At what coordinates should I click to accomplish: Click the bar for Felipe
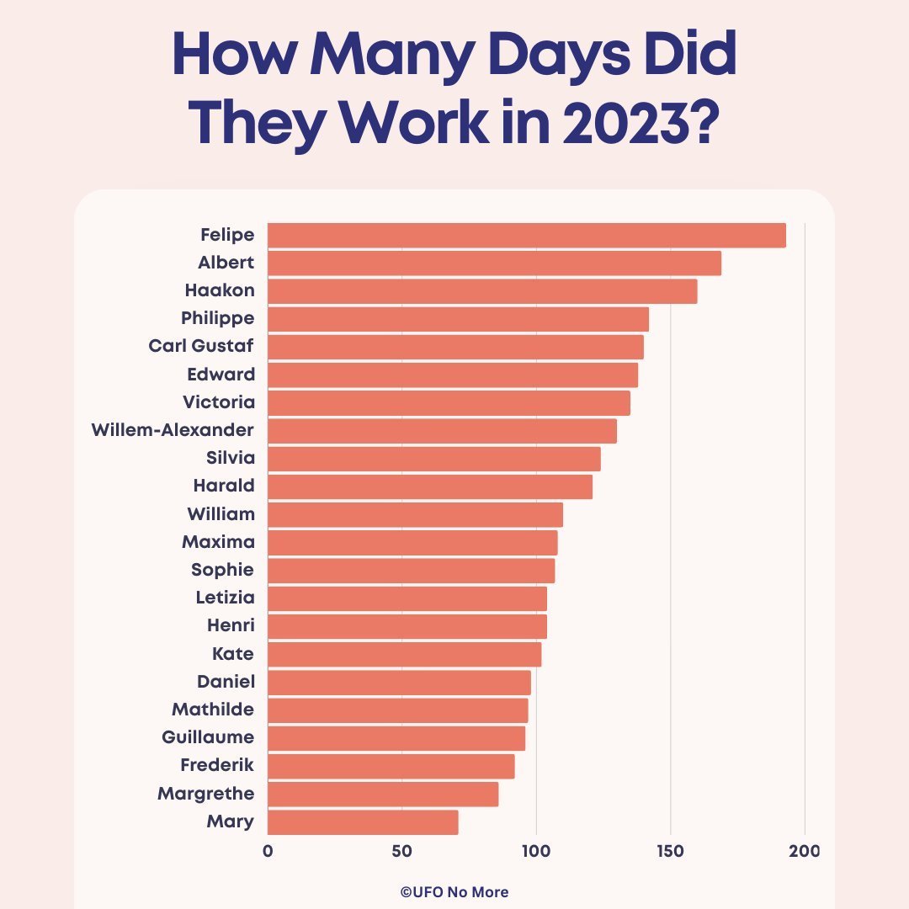click(526, 236)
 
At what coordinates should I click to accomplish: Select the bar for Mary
click(363, 822)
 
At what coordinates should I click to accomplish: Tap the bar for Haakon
click(482, 291)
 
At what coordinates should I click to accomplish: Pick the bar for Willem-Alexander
click(442, 431)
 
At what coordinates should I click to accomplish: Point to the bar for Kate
click(404, 654)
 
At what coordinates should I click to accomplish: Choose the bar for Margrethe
click(383, 794)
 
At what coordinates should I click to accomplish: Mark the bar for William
click(415, 514)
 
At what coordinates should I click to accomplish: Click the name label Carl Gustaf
click(201, 346)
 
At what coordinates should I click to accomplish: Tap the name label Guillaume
click(208, 737)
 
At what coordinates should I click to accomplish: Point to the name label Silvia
click(230, 458)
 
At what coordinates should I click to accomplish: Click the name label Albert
click(226, 263)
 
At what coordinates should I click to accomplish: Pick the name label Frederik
click(217, 765)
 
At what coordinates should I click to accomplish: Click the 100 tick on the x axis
click(535, 851)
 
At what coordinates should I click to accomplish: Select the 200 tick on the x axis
click(805, 851)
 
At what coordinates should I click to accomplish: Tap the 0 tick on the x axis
click(268, 851)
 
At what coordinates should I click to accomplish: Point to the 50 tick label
click(401, 851)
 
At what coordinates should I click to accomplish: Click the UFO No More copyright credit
click(454, 892)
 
